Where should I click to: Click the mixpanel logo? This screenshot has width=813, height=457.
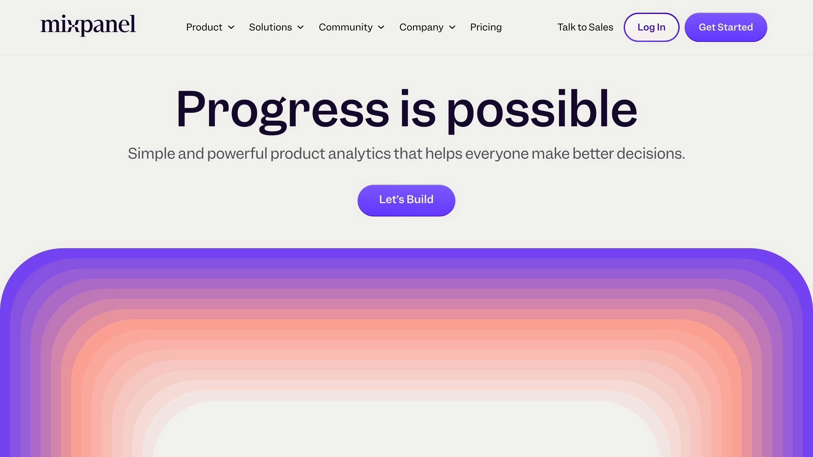coord(88,25)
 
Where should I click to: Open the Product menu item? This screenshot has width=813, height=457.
coord(204,27)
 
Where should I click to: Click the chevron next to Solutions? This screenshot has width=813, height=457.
coord(300,27)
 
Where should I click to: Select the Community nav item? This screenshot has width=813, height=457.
coord(346,27)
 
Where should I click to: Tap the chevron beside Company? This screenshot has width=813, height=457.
coord(452,27)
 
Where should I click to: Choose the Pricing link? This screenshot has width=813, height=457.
coord(486,27)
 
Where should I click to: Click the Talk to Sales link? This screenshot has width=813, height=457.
coord(585,27)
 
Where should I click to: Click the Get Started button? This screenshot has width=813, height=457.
coord(726,27)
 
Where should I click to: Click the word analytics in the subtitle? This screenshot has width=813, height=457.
coord(359,154)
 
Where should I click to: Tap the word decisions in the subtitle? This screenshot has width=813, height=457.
coord(651,154)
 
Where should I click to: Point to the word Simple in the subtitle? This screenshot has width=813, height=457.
coord(151,154)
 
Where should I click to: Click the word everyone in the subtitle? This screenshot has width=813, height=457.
coord(497,154)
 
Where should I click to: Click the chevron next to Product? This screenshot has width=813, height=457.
coord(231,27)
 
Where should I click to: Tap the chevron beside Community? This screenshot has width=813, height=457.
coord(381,27)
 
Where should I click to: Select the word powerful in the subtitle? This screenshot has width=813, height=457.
coord(237,154)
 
